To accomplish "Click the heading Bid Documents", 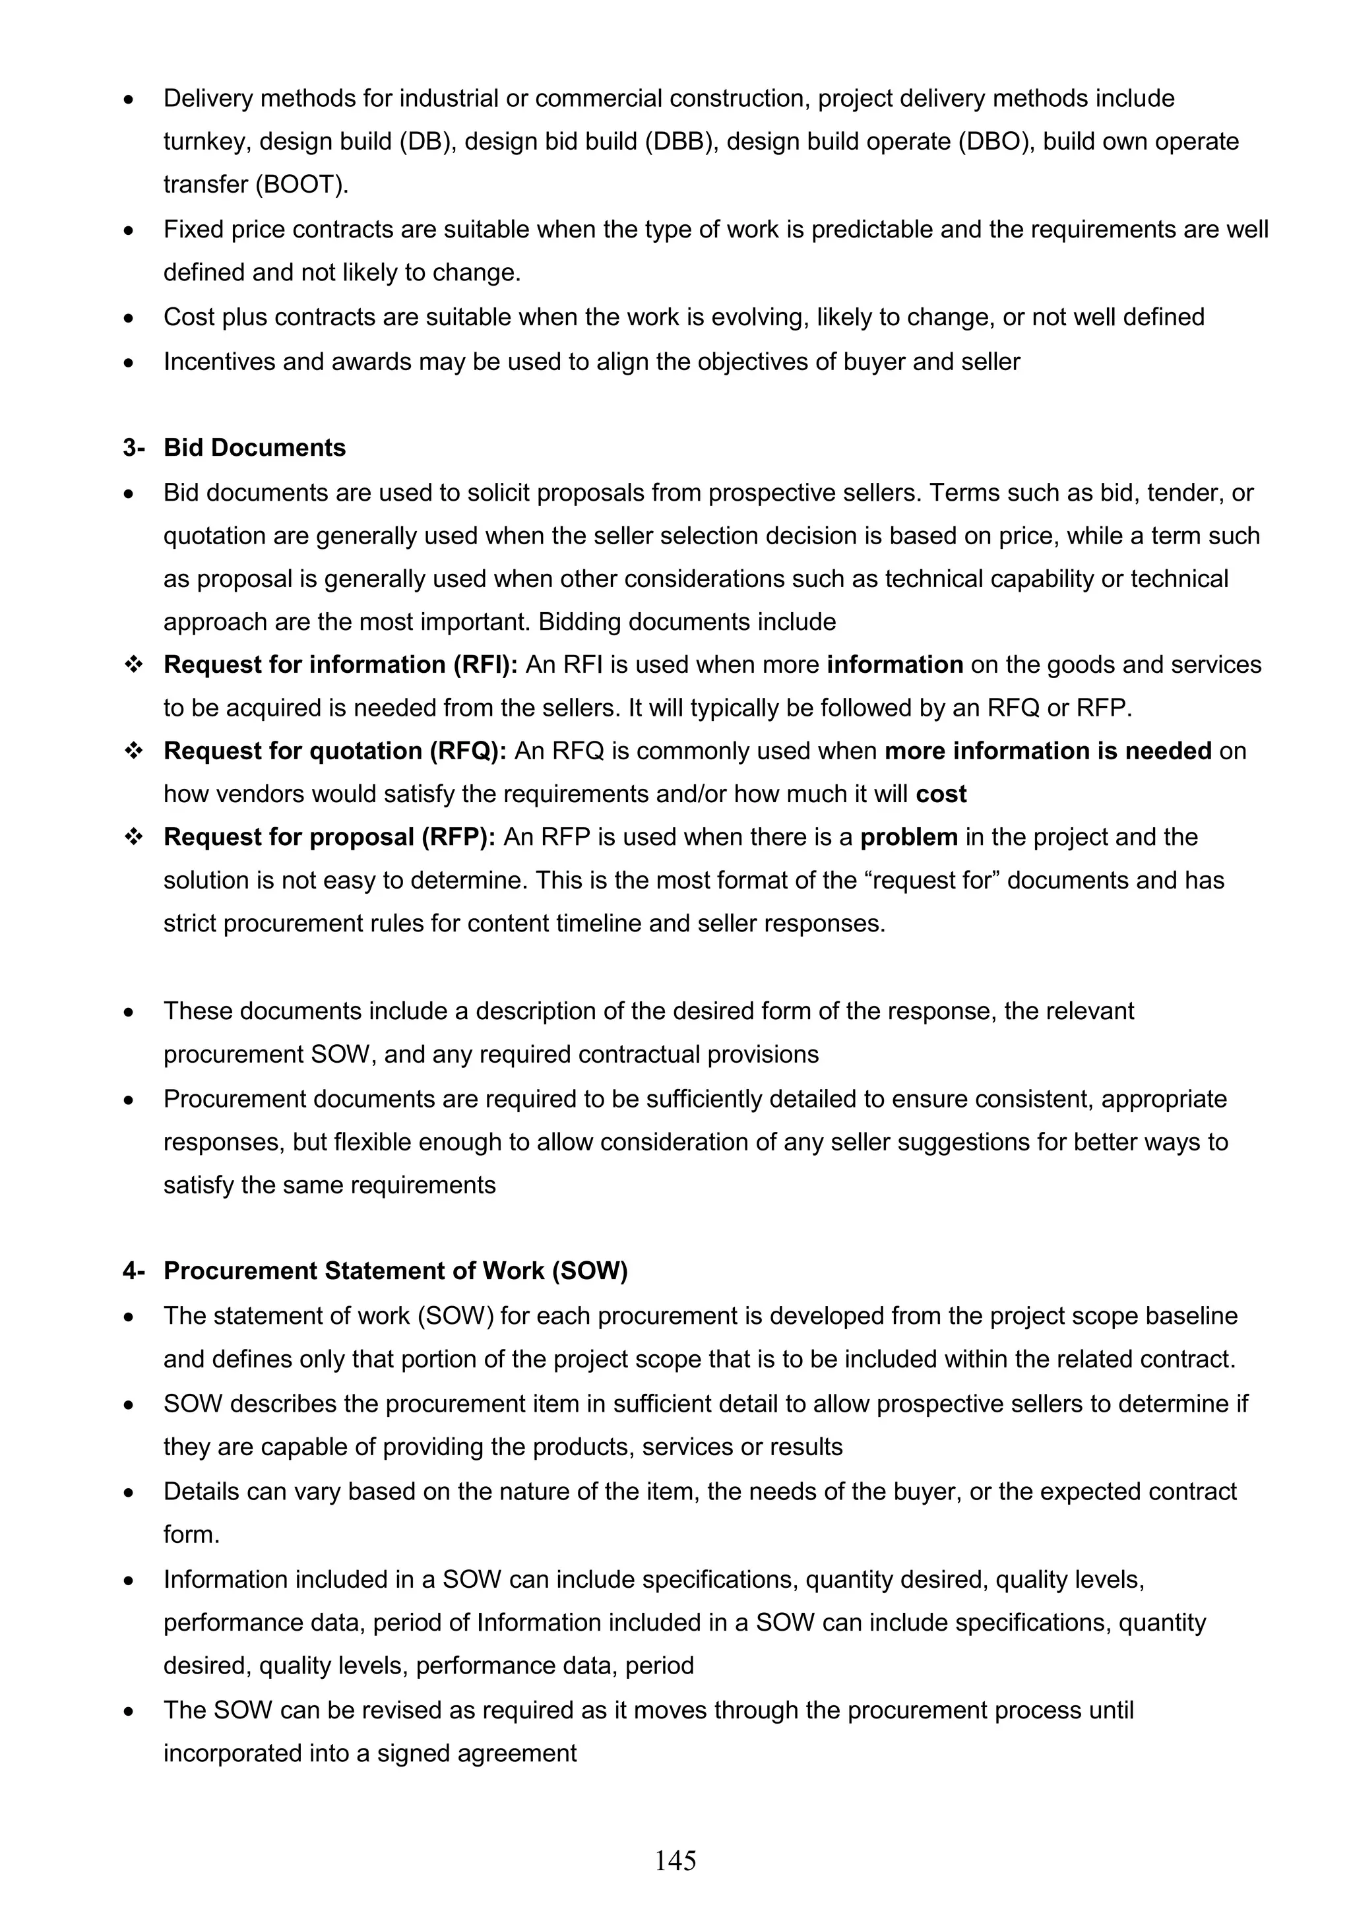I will point(254,448).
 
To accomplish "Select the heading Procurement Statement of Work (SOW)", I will point(395,1271).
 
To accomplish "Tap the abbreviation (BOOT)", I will point(302,185).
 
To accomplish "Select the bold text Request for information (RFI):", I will point(340,665).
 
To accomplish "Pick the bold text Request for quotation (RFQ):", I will point(334,751).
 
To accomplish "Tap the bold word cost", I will point(941,794).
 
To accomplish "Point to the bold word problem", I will point(908,837).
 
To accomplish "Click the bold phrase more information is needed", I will point(1047,751).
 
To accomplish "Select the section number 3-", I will point(133,448).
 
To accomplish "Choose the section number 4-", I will point(133,1271).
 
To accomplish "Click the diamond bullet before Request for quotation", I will point(133,751).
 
